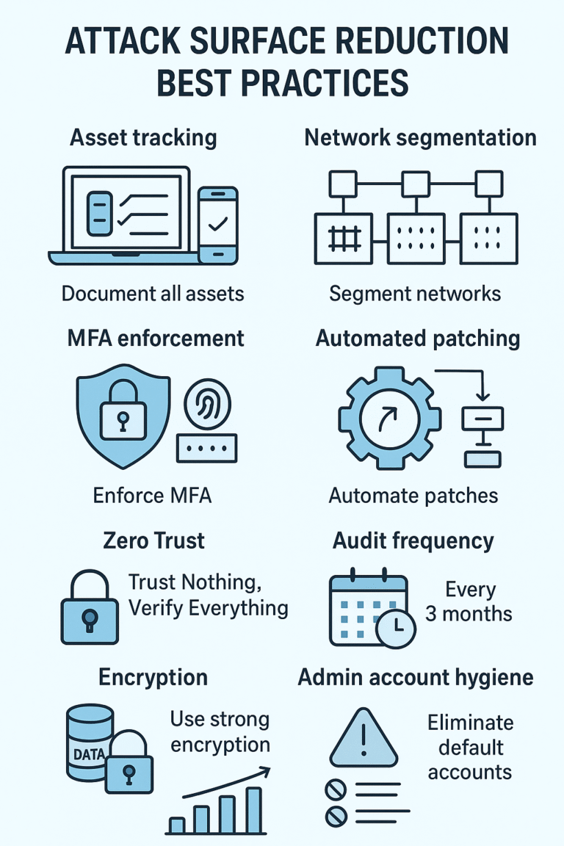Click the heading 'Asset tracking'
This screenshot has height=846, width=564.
click(x=143, y=137)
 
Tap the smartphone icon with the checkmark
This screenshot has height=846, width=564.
click(x=219, y=225)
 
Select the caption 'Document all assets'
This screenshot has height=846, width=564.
click(x=153, y=294)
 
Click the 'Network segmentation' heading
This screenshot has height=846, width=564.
click(x=420, y=137)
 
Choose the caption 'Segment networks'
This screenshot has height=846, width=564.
click(x=415, y=294)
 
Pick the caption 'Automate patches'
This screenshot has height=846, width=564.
click(x=413, y=496)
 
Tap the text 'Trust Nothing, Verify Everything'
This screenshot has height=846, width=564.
click(x=208, y=596)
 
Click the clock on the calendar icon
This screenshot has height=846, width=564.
click(x=395, y=626)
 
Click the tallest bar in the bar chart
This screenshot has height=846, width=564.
click(x=253, y=810)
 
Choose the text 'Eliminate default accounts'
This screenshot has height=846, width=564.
click(x=470, y=747)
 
